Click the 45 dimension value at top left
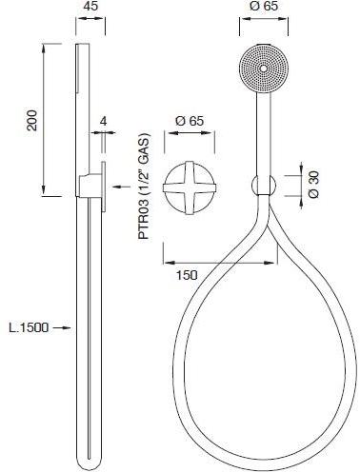(x=90, y=6)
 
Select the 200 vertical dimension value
(x=32, y=120)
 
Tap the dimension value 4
(x=103, y=121)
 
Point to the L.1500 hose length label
(x=29, y=327)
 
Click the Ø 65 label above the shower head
(x=264, y=6)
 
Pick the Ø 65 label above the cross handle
(x=190, y=121)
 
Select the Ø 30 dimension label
(x=313, y=185)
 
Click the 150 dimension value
(x=187, y=275)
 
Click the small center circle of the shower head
(x=263, y=69)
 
